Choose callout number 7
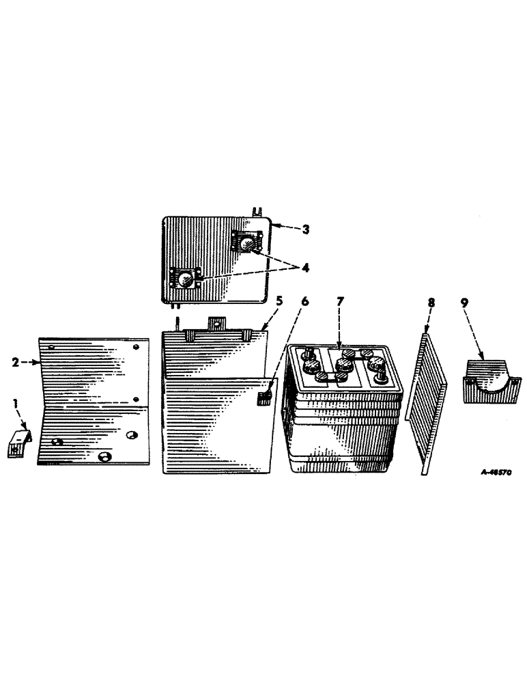(339, 320)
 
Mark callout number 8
(429, 320)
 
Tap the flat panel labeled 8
(428, 403)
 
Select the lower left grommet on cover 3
(185, 279)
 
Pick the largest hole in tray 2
(104, 456)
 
